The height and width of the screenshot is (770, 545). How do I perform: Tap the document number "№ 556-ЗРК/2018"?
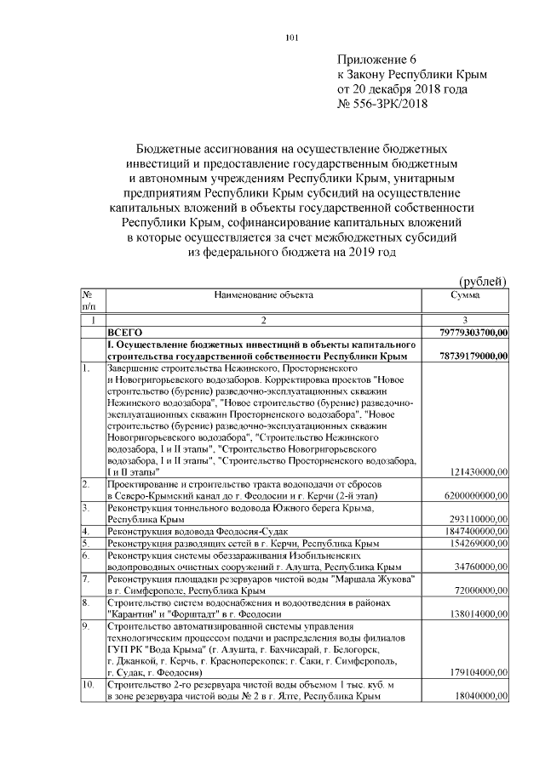click(384, 104)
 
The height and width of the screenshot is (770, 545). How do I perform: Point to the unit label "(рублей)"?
click(483, 282)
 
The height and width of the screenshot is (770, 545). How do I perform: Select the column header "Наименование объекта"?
click(263, 295)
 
